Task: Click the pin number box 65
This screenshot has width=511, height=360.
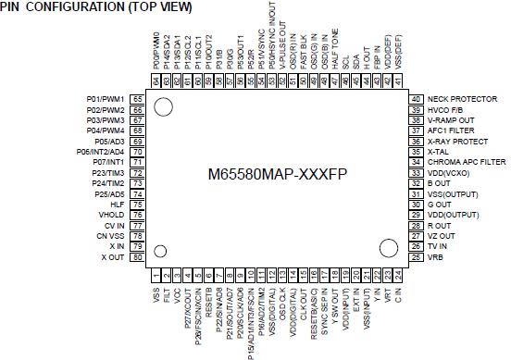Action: tap(137, 99)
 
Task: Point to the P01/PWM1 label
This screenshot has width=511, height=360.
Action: tap(106, 99)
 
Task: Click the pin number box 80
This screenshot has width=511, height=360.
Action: tap(137, 257)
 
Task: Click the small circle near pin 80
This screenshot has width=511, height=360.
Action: tap(160, 251)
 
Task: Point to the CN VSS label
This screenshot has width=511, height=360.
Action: tap(109, 236)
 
